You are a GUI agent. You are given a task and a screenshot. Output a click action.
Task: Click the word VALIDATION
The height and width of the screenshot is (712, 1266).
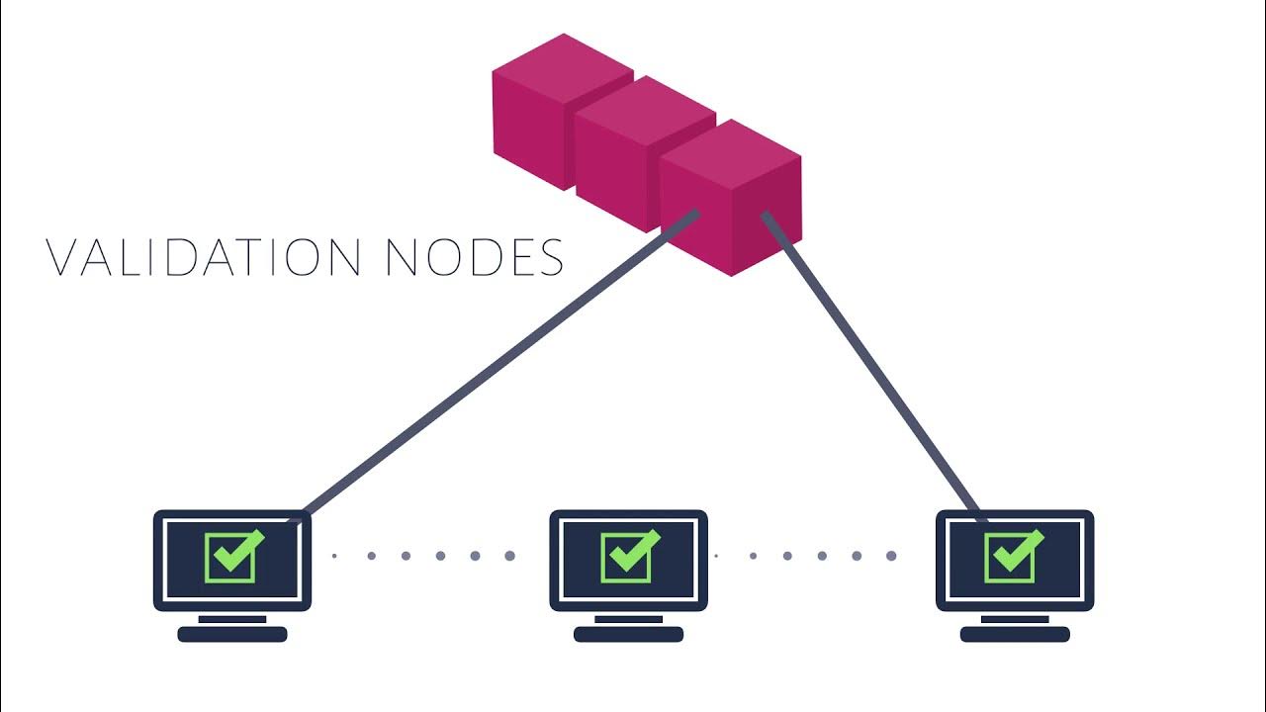coord(204,256)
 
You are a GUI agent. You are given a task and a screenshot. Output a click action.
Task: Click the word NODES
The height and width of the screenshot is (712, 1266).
coord(474,256)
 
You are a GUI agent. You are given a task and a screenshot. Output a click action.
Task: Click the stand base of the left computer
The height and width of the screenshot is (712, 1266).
coord(232,634)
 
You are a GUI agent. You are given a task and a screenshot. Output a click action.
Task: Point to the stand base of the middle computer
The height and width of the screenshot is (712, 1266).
coord(628,634)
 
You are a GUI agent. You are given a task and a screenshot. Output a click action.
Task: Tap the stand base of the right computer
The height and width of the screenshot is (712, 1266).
coord(1015,634)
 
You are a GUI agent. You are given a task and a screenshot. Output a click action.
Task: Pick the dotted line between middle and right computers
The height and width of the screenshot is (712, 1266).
coord(805,556)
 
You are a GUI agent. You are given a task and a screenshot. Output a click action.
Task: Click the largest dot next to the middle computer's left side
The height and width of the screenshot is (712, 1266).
coord(510,556)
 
